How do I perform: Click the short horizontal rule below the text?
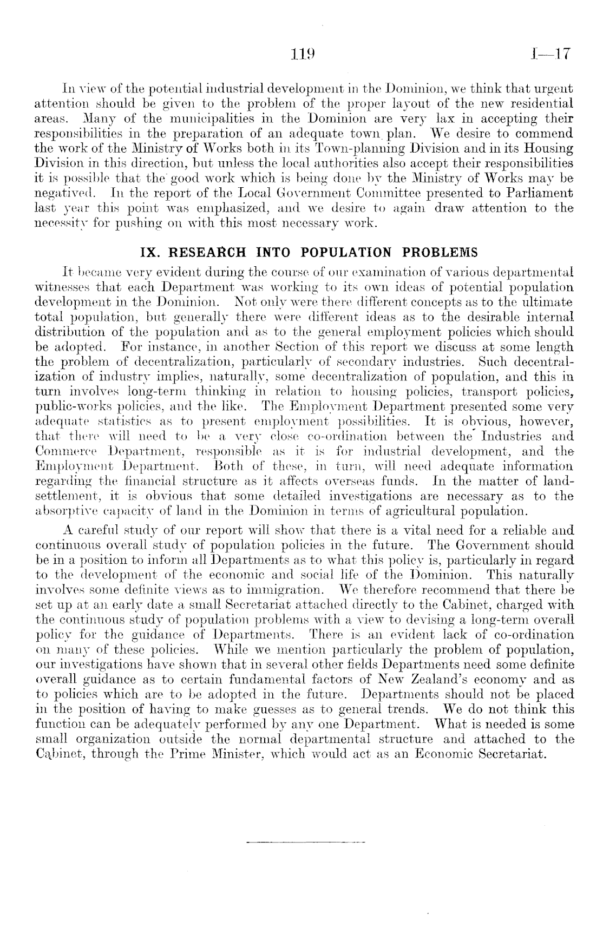tap(306, 843)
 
